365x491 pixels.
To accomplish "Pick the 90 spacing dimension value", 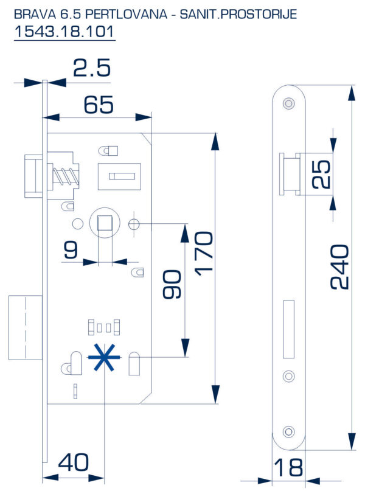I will [173, 285].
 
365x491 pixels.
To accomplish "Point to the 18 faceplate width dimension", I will [287, 468].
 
